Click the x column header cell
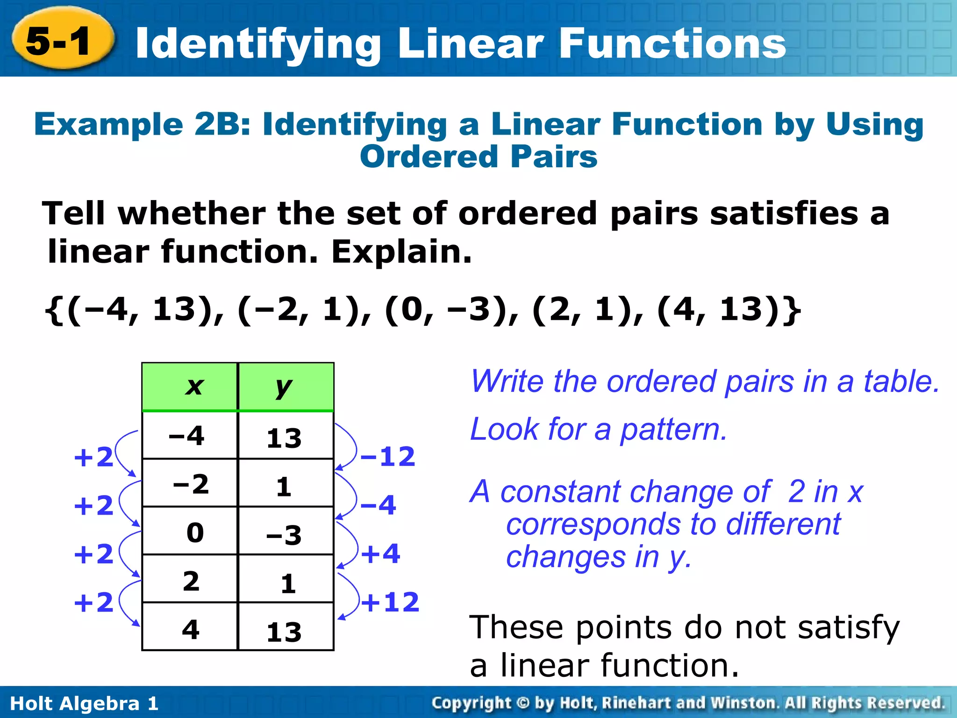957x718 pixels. pyautogui.click(x=190, y=387)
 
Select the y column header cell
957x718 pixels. pyautogui.click(x=286, y=387)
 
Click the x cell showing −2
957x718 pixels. pyautogui.click(x=191, y=483)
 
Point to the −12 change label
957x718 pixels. pyautogui.click(x=387, y=457)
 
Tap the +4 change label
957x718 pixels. pyautogui.click(x=380, y=554)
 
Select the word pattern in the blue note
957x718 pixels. pyautogui.click(x=673, y=429)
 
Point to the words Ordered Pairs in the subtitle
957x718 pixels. pyautogui.click(x=478, y=157)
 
